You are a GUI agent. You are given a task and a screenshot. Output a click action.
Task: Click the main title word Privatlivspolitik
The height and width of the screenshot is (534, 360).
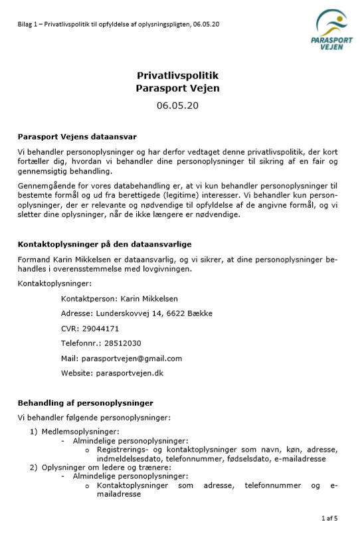(177, 76)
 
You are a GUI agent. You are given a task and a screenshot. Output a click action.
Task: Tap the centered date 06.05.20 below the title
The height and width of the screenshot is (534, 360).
(177, 105)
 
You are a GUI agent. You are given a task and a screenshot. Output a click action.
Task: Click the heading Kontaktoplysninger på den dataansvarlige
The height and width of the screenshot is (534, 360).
(104, 244)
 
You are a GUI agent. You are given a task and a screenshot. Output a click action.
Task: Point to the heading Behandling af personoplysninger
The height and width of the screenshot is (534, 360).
(85, 402)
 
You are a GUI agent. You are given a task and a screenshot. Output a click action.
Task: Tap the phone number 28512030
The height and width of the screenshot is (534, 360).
(122, 343)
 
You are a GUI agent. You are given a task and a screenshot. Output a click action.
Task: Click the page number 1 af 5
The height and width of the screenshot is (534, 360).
(329, 517)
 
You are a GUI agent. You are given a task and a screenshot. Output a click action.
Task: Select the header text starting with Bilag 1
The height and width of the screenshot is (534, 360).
(118, 24)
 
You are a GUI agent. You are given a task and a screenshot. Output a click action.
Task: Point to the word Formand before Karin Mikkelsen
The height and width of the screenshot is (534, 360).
(35, 259)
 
